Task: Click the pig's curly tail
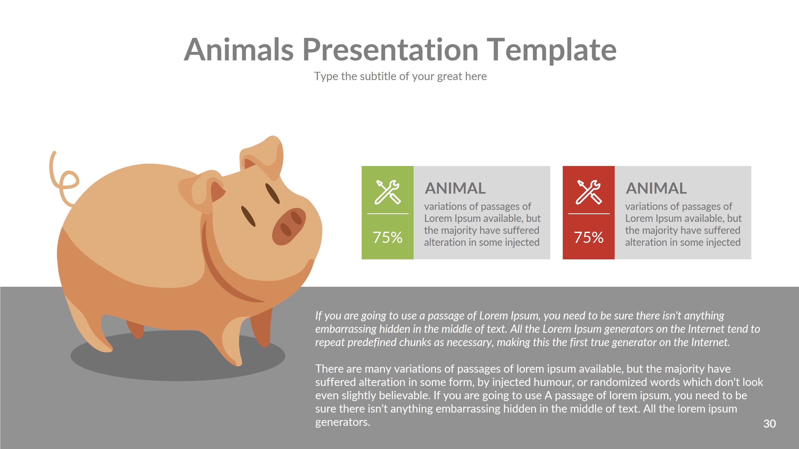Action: (x=62, y=180)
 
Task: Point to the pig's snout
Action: (x=288, y=226)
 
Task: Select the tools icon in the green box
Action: (x=388, y=192)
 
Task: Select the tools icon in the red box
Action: (x=588, y=192)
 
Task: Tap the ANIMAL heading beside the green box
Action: (x=455, y=188)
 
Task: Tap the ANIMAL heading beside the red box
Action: (x=656, y=188)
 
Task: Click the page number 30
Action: (x=769, y=423)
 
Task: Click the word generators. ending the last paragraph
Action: (x=343, y=422)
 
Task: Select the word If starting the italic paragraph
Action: (x=319, y=315)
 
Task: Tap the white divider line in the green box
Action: (x=388, y=214)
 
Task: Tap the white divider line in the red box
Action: (x=588, y=214)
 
